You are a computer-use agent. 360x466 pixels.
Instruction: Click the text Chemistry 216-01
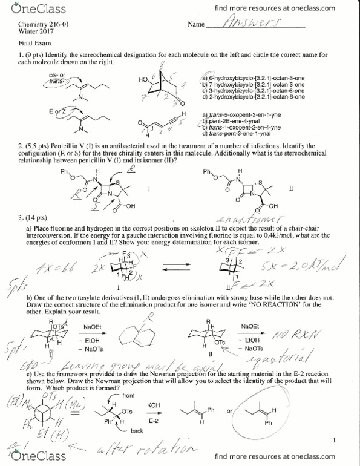41,25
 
